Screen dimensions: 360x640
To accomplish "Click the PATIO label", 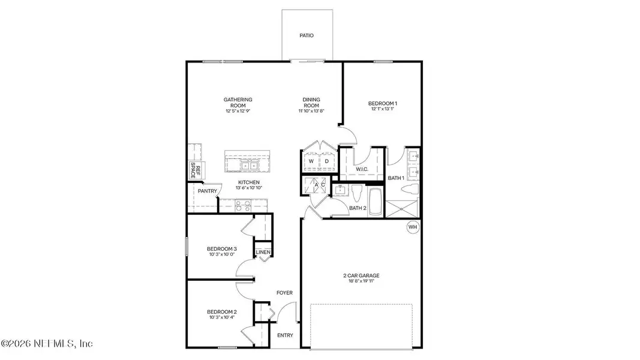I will pyautogui.click(x=307, y=35).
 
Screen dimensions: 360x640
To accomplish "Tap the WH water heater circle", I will pyautogui.click(x=412, y=227).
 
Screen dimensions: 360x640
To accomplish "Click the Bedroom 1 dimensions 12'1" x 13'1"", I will pyautogui.click(x=383, y=109).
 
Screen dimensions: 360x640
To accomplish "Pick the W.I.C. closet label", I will pyautogui.click(x=362, y=169).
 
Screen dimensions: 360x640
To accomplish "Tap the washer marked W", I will pyautogui.click(x=311, y=161).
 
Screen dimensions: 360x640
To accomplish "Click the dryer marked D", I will pyautogui.click(x=327, y=161).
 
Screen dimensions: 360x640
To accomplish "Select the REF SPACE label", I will pyautogui.click(x=195, y=170).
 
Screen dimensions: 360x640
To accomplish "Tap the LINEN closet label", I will pyautogui.click(x=263, y=253).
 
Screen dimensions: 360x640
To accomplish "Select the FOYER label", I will pyautogui.click(x=284, y=293).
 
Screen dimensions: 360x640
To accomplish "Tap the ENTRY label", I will pyautogui.click(x=286, y=335).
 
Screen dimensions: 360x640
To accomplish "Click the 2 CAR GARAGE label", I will pyautogui.click(x=361, y=276).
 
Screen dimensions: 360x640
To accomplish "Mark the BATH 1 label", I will pyautogui.click(x=395, y=178).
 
